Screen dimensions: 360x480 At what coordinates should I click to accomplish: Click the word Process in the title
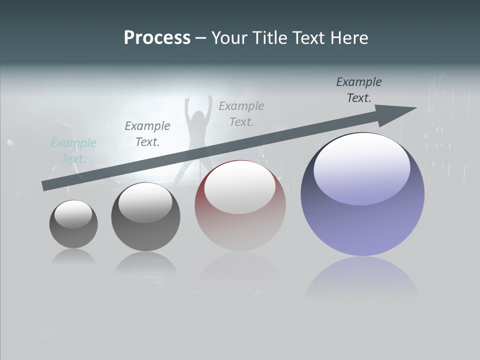(x=157, y=38)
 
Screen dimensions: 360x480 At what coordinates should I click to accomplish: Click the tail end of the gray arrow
(x=45, y=185)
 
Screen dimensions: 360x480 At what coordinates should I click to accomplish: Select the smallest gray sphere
(x=73, y=224)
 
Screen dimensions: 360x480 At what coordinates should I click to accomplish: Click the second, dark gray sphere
(x=145, y=217)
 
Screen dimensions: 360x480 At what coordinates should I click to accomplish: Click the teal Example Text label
(x=73, y=151)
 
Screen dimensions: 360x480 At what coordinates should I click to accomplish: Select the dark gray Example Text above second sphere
(x=147, y=134)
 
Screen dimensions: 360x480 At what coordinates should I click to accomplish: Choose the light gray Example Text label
(x=241, y=113)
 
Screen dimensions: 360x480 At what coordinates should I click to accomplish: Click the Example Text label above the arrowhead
(x=359, y=90)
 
